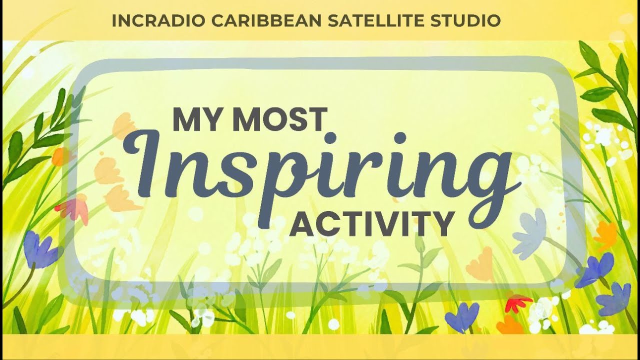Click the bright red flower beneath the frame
(517, 302)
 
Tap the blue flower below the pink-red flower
(40, 249)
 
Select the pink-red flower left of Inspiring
(73, 209)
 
